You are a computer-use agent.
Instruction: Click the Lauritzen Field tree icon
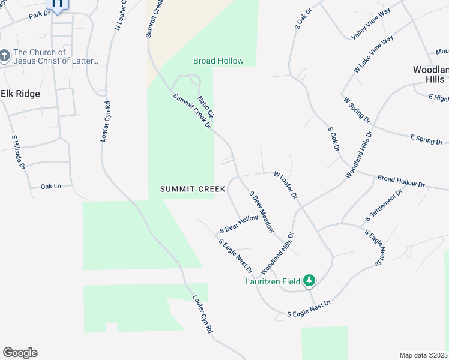click(309, 280)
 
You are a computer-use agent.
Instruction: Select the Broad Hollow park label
click(218, 61)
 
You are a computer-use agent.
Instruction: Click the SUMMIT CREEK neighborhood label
click(193, 189)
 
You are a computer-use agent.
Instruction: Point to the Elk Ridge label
click(20, 94)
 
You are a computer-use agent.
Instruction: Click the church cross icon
click(5, 57)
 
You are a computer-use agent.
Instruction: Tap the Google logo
click(20, 353)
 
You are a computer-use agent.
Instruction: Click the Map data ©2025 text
click(423, 355)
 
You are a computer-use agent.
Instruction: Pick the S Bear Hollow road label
click(238, 225)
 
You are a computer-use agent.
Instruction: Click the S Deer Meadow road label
click(262, 212)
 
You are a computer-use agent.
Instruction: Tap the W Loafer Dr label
click(286, 185)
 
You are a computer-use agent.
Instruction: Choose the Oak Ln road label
click(51, 187)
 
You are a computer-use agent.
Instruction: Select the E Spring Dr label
click(426, 139)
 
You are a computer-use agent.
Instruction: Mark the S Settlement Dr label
click(383, 206)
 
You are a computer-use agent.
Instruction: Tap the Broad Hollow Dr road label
click(401, 181)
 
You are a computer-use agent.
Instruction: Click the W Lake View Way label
click(373, 54)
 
